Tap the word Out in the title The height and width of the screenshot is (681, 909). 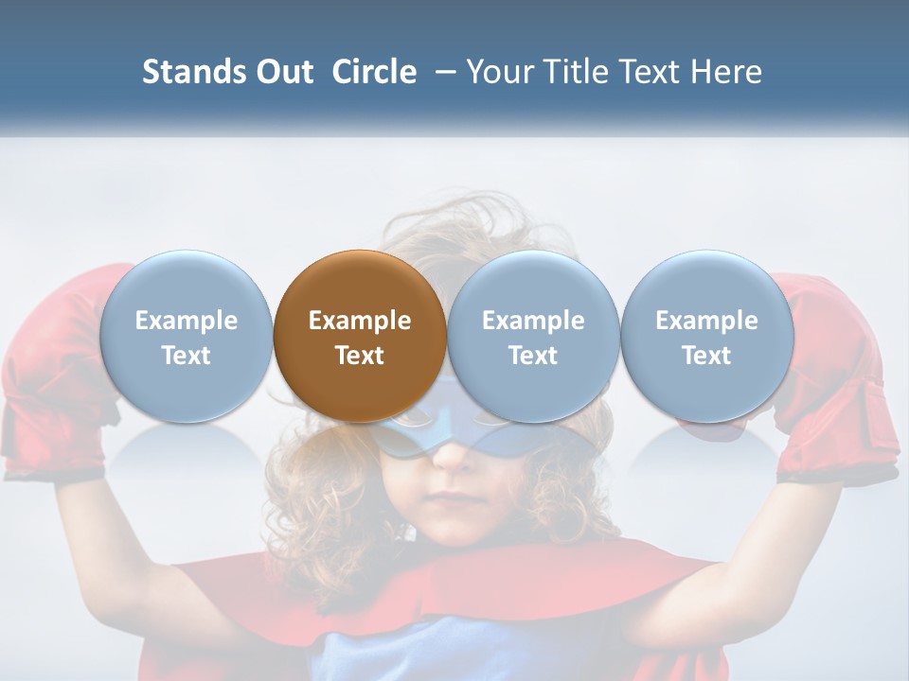(282, 72)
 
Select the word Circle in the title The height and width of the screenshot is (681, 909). (374, 72)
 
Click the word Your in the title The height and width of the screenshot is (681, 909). (500, 72)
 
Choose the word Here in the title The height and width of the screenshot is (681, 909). (727, 72)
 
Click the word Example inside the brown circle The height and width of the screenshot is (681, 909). (360, 321)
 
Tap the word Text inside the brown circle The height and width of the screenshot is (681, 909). (360, 356)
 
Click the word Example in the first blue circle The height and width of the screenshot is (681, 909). (186, 321)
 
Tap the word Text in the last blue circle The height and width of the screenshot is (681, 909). (706, 356)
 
